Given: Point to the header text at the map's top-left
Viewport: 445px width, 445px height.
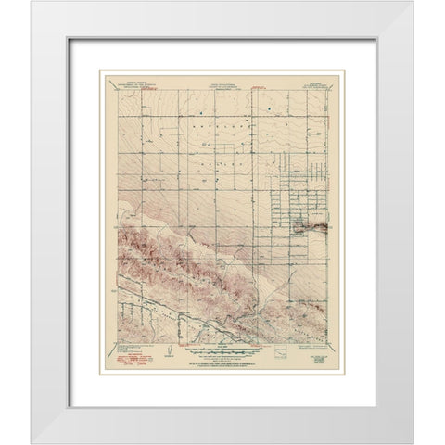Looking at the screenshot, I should (x=128, y=82).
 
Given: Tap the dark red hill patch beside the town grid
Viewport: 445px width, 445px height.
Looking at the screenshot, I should (x=313, y=223).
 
